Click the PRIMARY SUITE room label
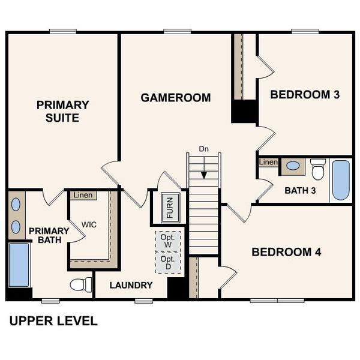click(62, 111)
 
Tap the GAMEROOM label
click(175, 97)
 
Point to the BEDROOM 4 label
click(286, 252)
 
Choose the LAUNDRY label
click(131, 285)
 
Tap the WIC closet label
click(89, 224)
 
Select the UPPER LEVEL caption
click(53, 321)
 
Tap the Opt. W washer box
click(167, 241)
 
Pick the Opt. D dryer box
click(167, 262)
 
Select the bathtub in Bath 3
click(340, 179)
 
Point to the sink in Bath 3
click(293, 166)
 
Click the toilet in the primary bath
click(82, 284)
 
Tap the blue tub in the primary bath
click(19, 264)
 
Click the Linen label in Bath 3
click(268, 162)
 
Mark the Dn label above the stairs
click(204, 148)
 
